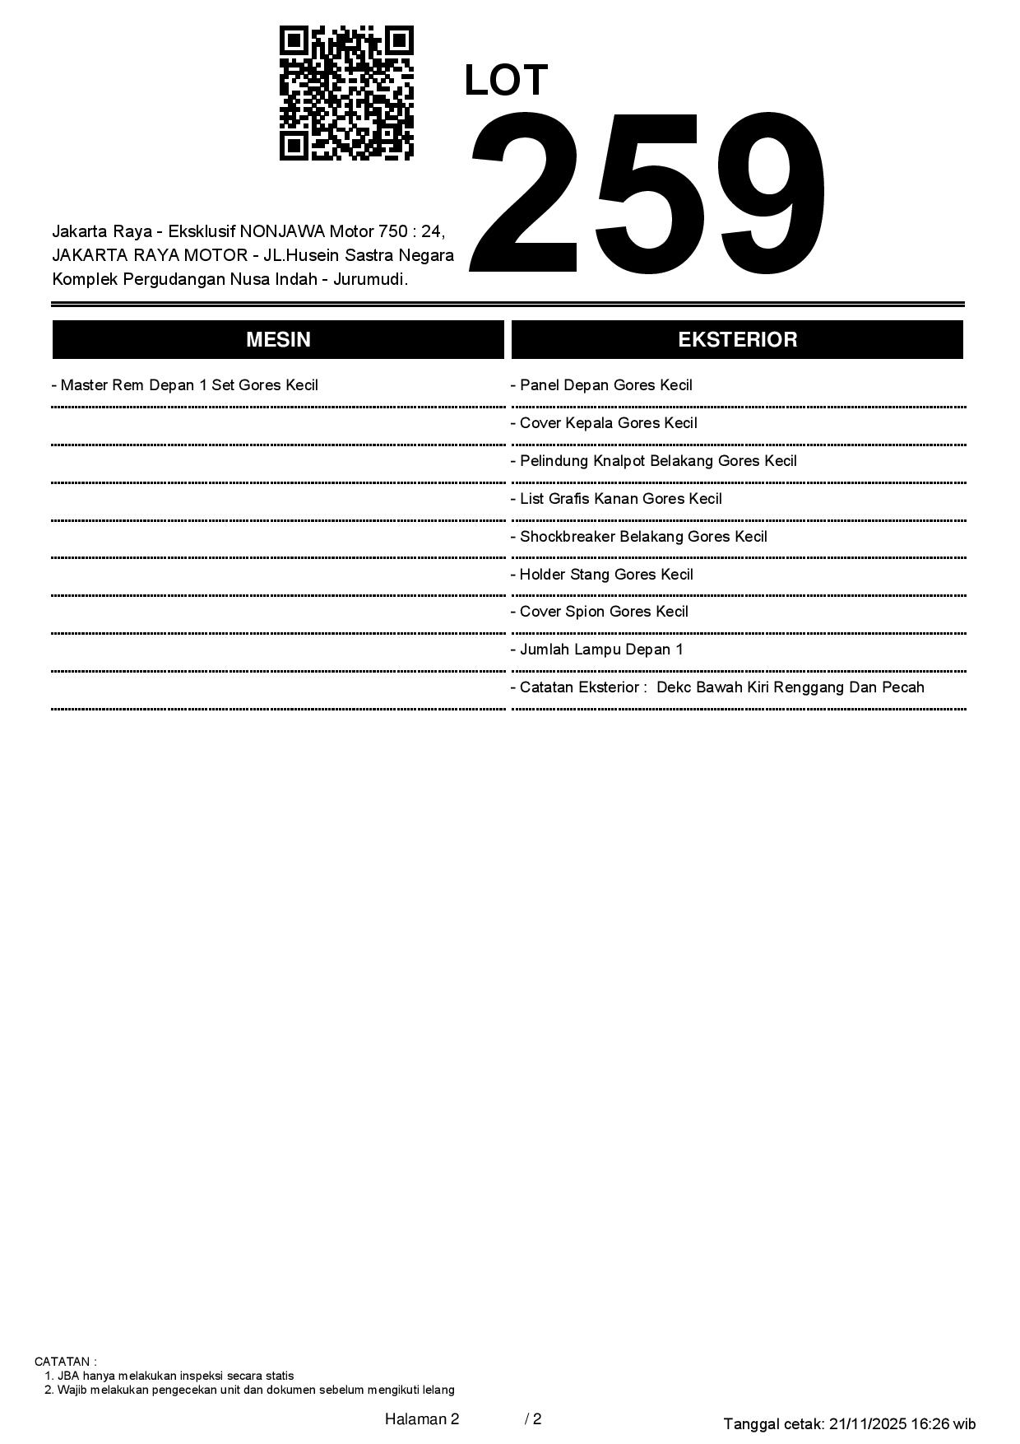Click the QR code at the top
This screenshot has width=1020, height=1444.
(x=346, y=93)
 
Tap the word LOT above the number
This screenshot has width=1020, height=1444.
(x=506, y=81)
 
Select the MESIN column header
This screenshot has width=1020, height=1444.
(x=278, y=340)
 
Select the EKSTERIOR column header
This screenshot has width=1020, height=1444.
(x=737, y=340)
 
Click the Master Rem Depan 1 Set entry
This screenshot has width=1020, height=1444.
(x=185, y=385)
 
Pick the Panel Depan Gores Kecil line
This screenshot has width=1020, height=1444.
(x=601, y=385)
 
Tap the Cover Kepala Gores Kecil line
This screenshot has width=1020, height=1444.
(x=604, y=423)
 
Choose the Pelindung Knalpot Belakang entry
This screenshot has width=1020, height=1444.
(x=654, y=461)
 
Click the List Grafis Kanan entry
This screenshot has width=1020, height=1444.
(x=616, y=499)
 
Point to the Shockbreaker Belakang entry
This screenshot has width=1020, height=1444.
(x=639, y=537)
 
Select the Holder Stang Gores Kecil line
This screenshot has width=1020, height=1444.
(x=602, y=575)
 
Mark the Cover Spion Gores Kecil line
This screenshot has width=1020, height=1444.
(x=600, y=612)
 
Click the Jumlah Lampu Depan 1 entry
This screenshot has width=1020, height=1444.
(x=597, y=650)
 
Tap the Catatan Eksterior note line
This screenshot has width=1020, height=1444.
(x=717, y=687)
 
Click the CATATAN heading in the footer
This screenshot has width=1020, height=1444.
(x=65, y=1362)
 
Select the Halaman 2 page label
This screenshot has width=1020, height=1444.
(x=422, y=1418)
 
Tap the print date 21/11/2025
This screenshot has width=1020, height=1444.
(x=868, y=1423)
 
